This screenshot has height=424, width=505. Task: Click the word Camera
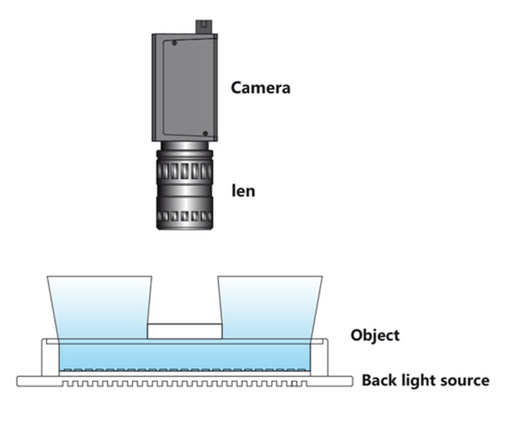[x=260, y=88]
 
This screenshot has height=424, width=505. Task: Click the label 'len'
[x=243, y=191]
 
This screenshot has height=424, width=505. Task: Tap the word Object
[x=374, y=335]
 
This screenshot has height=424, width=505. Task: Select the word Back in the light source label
[x=381, y=380]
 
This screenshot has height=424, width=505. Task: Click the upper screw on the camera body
[x=174, y=43]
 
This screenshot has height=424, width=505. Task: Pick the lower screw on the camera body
[x=204, y=134]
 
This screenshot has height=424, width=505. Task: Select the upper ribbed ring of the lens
[x=184, y=170]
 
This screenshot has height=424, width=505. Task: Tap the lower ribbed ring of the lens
[x=184, y=215]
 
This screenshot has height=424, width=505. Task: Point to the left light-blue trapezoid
[x=100, y=308]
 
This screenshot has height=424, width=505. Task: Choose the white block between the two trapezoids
[x=184, y=331]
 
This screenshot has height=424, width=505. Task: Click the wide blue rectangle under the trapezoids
[x=184, y=356]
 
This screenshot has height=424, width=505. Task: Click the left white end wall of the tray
[x=50, y=358]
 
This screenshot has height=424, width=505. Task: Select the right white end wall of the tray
[x=319, y=358]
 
